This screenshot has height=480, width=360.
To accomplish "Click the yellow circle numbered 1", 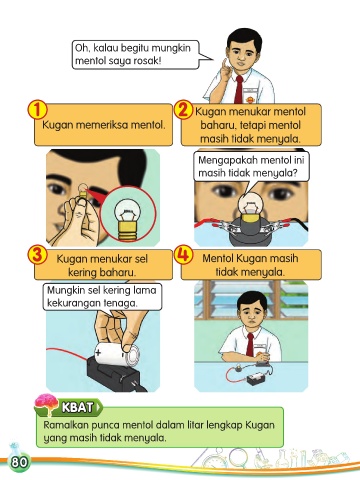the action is click(38, 110).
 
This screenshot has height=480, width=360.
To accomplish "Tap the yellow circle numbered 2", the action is click(184, 110).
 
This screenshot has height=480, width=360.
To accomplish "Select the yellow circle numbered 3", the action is click(38, 255).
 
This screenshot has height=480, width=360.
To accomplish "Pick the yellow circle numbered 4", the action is click(184, 255).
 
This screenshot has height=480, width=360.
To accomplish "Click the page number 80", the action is click(19, 463).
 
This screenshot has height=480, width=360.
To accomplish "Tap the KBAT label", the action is click(77, 407).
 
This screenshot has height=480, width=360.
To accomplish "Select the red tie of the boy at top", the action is click(239, 89).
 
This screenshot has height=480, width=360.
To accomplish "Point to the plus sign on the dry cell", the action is click(98, 353).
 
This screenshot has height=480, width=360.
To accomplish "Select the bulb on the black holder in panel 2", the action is click(250, 209).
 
